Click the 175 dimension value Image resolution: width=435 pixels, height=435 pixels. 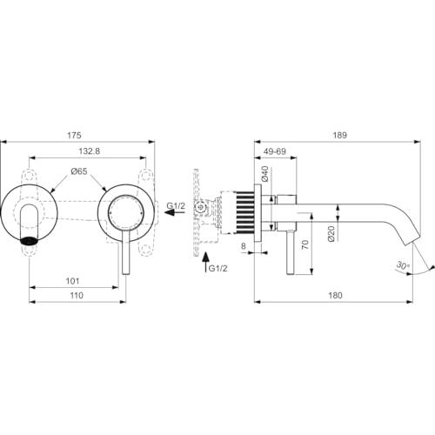tap(74, 135)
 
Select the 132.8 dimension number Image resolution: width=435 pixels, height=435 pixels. tap(90, 151)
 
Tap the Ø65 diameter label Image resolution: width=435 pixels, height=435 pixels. tap(79, 171)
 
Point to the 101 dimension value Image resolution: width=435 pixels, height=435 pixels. tap(72, 281)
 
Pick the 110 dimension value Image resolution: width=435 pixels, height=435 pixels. tap(77, 295)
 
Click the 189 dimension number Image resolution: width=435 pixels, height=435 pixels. tap(339, 135)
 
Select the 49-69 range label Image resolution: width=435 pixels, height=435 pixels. tap(275, 151)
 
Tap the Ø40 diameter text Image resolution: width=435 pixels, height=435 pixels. tap(265, 174)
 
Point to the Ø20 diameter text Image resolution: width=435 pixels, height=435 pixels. tap(331, 234)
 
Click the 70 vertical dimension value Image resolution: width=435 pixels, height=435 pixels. tap(304, 244)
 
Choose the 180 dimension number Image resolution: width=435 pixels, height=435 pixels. tap(335, 295)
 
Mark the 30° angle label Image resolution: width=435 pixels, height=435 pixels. tap(404, 265)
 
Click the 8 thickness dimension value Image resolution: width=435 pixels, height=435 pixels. tap(244, 246)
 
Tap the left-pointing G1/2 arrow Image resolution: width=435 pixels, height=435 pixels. tap(175, 212)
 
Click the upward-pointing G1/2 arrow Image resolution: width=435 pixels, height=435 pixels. tap(205, 264)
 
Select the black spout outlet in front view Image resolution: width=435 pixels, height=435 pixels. tap(29, 241)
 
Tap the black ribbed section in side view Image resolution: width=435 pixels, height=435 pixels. tap(245, 212)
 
